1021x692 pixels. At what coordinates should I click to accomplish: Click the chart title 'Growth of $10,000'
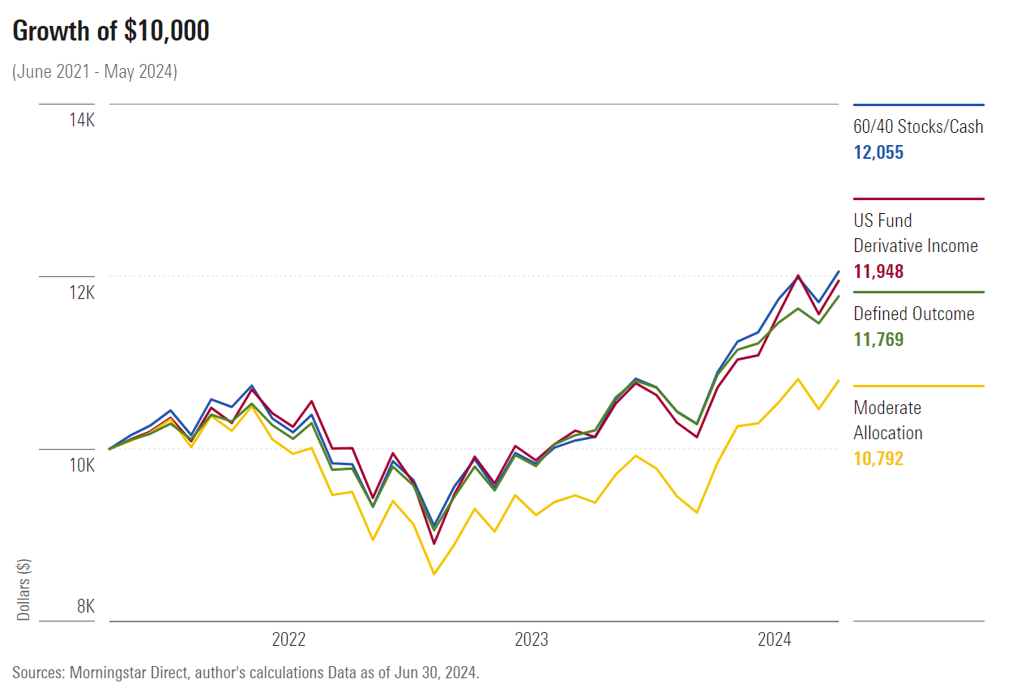[x=111, y=31]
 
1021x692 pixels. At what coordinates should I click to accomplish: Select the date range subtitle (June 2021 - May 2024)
[x=95, y=71]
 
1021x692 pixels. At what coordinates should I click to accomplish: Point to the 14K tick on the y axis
[x=81, y=120]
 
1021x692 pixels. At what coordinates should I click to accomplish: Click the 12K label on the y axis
[x=81, y=293]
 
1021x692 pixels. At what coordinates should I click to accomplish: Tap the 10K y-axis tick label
[x=81, y=465]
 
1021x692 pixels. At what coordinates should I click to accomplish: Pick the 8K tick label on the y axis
[x=84, y=606]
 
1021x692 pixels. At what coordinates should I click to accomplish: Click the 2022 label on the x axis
[x=288, y=640]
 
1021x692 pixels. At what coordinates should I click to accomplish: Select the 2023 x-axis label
[x=532, y=640]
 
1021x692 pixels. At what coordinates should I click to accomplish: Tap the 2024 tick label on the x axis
[x=775, y=640]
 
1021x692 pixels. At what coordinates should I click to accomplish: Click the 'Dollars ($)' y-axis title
[x=23, y=589]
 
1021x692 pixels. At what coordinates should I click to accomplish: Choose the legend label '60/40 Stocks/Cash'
[x=918, y=126]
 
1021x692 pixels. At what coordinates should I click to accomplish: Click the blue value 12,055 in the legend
[x=878, y=152]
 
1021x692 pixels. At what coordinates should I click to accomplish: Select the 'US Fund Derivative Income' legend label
[x=916, y=233]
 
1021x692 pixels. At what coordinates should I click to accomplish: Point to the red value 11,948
[x=878, y=271]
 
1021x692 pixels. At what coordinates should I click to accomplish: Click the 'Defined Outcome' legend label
[x=914, y=314]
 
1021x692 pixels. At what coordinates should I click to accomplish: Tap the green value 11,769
[x=878, y=340]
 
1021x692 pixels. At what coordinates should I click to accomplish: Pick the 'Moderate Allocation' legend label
[x=888, y=421]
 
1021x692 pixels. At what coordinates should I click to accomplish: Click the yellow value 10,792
[x=878, y=459]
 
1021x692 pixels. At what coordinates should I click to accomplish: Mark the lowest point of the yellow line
[x=434, y=574]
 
